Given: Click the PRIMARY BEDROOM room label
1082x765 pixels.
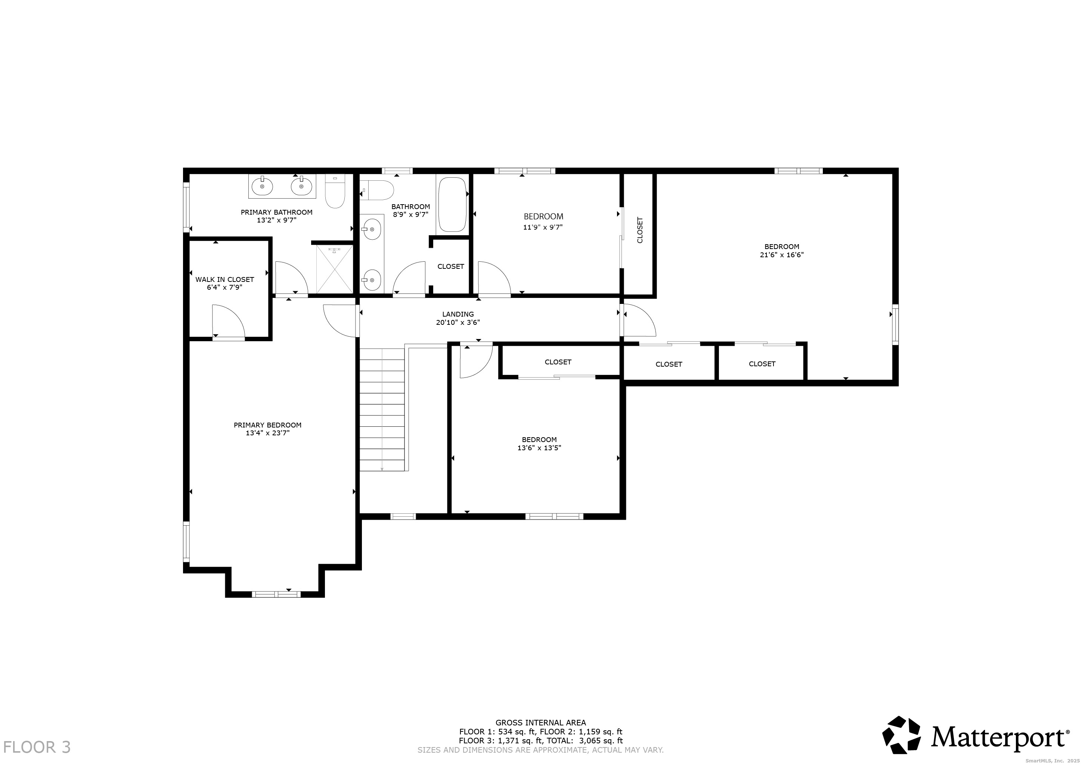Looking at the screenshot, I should [267, 425].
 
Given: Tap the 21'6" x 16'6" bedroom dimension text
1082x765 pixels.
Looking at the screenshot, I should [781, 255].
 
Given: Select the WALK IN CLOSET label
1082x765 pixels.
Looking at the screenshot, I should [225, 279].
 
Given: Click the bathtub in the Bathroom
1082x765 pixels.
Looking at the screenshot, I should [452, 205].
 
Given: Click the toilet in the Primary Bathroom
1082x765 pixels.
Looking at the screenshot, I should [335, 193].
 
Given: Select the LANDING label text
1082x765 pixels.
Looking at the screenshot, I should [458, 314].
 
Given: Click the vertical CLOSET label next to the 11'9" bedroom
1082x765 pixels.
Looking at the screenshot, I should [639, 230].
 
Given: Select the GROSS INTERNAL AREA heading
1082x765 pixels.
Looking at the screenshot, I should [540, 722].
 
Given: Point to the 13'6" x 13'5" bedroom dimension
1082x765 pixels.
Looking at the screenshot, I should [539, 448].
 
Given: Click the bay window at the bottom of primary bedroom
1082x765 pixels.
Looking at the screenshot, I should [276, 594].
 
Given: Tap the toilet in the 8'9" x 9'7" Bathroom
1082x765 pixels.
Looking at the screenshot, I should [378, 190].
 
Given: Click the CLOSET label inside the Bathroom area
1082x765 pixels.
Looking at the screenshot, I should [450, 267].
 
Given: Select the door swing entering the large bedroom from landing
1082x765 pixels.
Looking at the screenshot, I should [639, 320].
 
